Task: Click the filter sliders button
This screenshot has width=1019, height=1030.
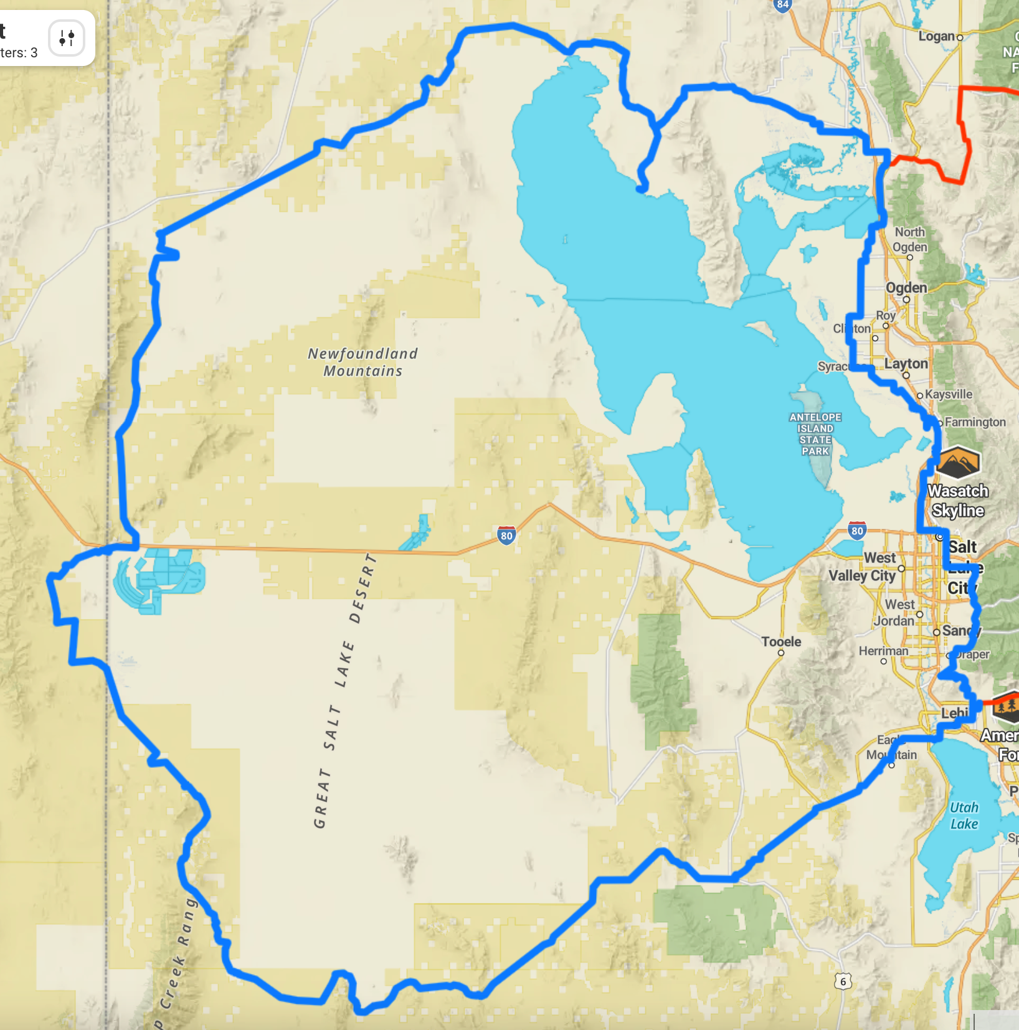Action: click(x=67, y=38)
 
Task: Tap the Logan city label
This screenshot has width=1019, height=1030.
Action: click(x=936, y=37)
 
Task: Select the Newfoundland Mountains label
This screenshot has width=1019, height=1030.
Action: click(x=363, y=362)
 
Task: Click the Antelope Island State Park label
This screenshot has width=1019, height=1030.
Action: click(x=815, y=434)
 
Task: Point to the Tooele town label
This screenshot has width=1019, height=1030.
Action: click(x=781, y=642)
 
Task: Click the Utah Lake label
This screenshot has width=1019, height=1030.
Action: click(x=964, y=816)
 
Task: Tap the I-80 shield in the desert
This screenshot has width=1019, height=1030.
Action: click(x=506, y=536)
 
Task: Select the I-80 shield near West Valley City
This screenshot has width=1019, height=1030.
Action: click(x=857, y=531)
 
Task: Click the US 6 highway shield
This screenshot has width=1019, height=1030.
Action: click(x=843, y=982)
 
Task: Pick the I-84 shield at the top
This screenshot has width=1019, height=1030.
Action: click(x=782, y=5)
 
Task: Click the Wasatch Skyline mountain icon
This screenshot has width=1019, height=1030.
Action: click(x=958, y=463)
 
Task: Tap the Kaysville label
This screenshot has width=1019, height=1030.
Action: click(x=948, y=394)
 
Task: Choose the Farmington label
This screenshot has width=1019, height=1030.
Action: click(x=975, y=422)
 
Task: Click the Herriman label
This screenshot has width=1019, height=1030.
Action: click(x=883, y=651)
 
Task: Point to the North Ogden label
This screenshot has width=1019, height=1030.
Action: click(x=910, y=239)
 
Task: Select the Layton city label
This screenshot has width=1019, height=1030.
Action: click(x=906, y=364)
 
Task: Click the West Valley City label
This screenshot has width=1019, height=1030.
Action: click(x=862, y=567)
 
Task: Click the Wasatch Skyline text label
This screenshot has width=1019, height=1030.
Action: click(x=958, y=501)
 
